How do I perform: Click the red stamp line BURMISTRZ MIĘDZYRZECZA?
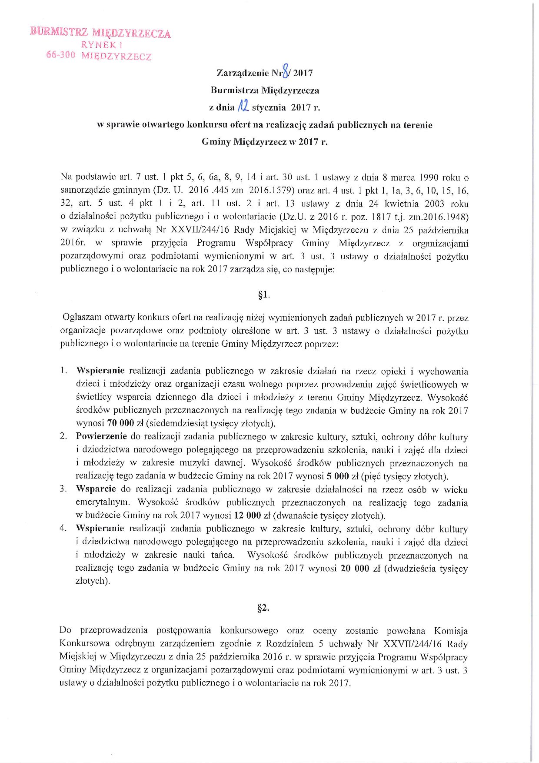point(100,33)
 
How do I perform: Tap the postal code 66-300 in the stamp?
point(61,55)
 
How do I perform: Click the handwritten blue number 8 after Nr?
point(285,71)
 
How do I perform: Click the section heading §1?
point(263,295)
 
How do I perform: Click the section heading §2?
point(263,608)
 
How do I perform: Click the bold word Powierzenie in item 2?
point(101,436)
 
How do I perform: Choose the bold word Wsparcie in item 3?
point(96,489)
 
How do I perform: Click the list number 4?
point(63,529)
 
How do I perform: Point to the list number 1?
point(63,371)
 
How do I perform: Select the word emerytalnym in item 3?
point(102,503)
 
